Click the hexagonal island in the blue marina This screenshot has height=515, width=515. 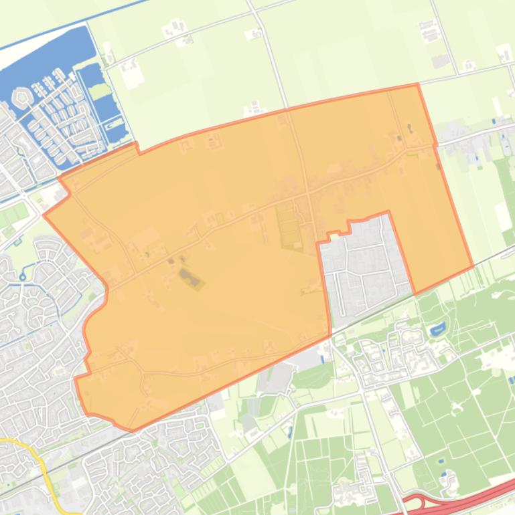click(x=22, y=98)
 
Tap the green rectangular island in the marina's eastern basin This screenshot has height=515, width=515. click(x=101, y=91)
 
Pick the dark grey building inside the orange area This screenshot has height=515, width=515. click(x=190, y=279)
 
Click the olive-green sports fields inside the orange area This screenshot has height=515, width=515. click(x=289, y=225)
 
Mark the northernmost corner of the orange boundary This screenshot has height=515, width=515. click(x=418, y=85)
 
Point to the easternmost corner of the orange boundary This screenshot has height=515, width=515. click(x=473, y=266)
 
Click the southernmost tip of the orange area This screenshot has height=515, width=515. click(x=133, y=430)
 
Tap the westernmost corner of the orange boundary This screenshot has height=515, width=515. click(x=44, y=215)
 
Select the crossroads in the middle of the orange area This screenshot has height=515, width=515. click(x=307, y=195)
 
